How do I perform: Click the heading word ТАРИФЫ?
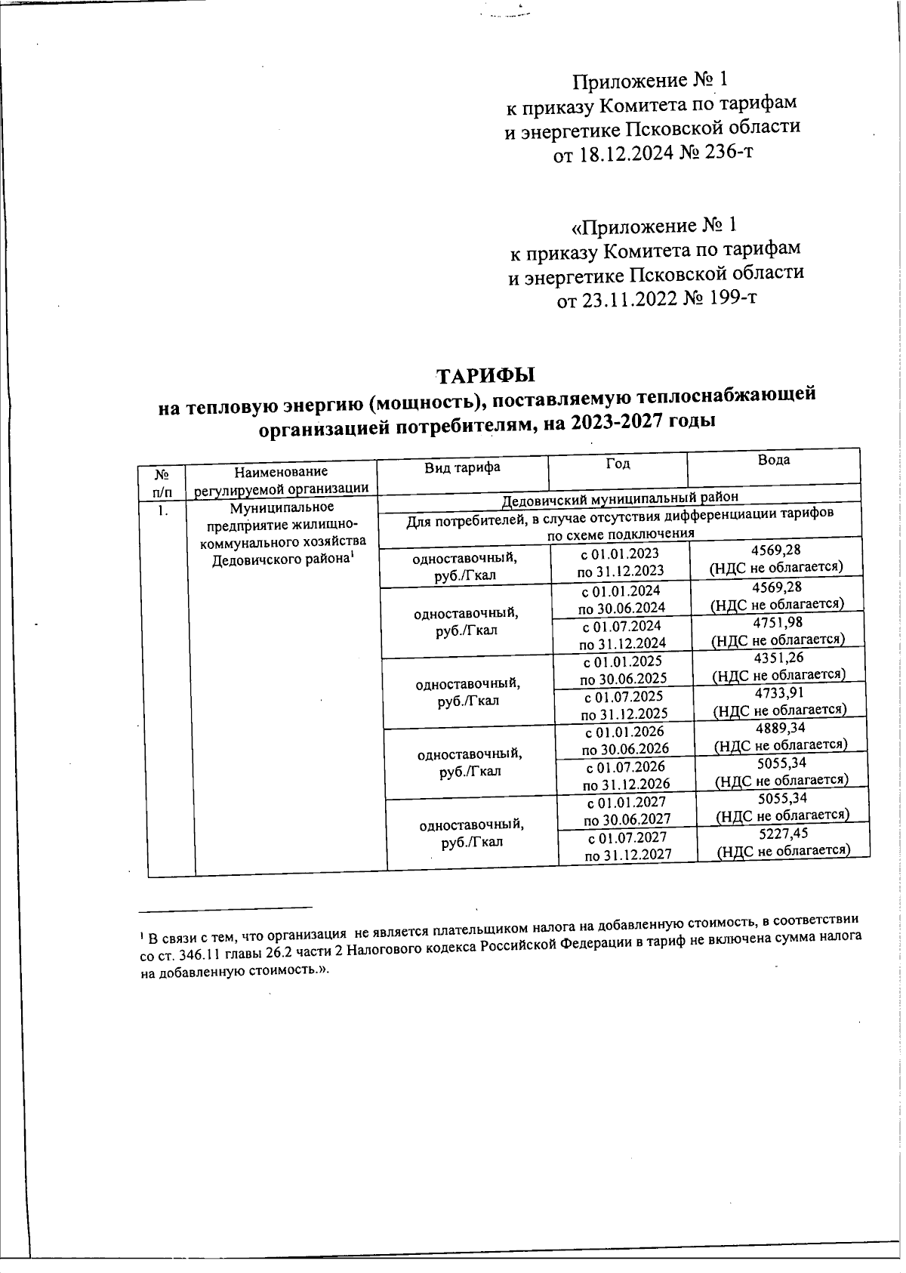point(486,375)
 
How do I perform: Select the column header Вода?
point(774,460)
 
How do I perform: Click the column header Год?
point(618,464)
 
